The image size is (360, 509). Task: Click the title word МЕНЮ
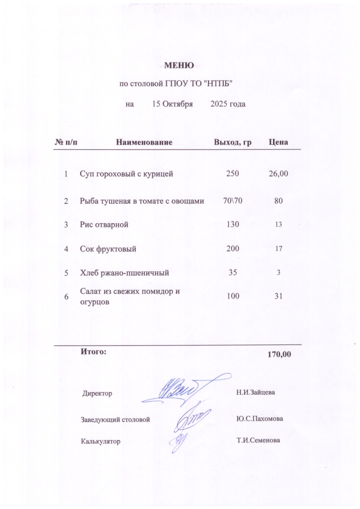[x=180, y=65]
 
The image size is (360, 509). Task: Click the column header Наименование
[x=144, y=143]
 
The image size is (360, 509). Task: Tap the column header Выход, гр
[x=232, y=143]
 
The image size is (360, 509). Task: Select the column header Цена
[x=278, y=143]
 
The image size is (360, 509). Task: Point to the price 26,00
[x=278, y=174]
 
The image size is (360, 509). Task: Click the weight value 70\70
[x=232, y=201]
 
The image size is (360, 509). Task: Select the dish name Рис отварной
[x=104, y=225]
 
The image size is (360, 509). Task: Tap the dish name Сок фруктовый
[x=108, y=249]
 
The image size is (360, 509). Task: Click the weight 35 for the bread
[x=232, y=272]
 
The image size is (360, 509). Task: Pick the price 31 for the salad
[x=278, y=296]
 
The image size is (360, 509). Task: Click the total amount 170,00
[x=279, y=355]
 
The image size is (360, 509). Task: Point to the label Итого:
[x=93, y=352]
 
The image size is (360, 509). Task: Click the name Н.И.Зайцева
[x=256, y=392]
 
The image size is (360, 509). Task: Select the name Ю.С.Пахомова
[x=260, y=419]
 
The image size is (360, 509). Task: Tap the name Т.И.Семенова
[x=259, y=440]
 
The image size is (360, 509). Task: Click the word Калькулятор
[x=101, y=441]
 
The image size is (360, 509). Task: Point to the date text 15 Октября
[x=172, y=104]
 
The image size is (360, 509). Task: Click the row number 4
[x=66, y=249]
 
